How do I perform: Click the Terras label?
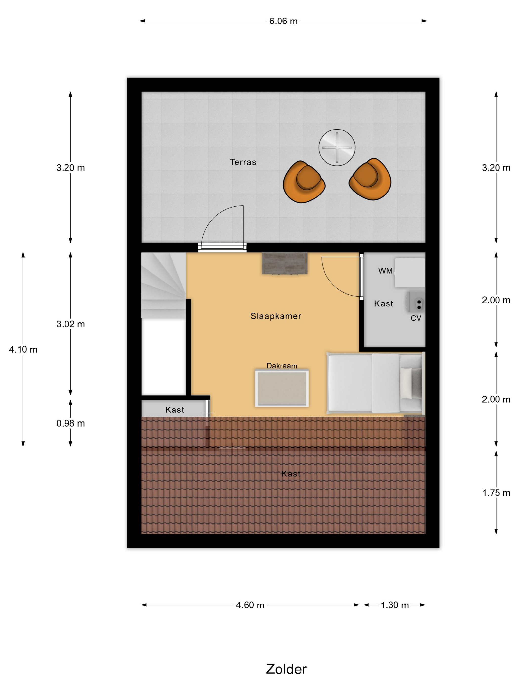coord(243,162)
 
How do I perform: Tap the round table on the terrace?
coord(337,147)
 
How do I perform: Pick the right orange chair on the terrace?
coord(370,179)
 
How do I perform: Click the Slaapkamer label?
coord(276,316)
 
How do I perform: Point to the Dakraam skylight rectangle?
coord(281,388)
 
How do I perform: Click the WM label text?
coord(385,271)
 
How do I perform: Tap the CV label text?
coord(416,318)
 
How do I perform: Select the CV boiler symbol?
coord(417,302)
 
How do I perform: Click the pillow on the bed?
coord(406,383)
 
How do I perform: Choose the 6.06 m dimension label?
coord(283,21)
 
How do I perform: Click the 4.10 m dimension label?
coord(23,349)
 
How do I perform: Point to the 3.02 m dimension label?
coord(70,324)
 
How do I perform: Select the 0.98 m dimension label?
coord(70,423)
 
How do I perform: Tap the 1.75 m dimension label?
coord(496,493)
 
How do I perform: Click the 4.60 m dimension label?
coord(250,605)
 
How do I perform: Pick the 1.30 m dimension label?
coord(394,605)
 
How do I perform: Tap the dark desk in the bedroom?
coord(285,263)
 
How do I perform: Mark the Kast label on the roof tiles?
coord(291,474)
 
